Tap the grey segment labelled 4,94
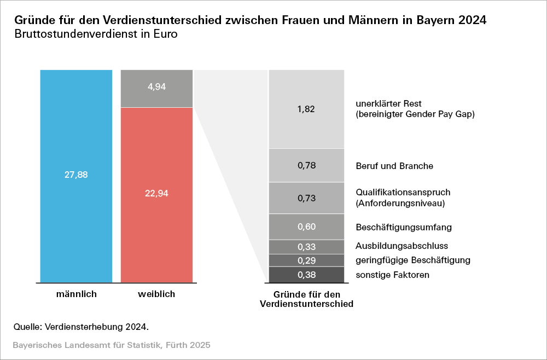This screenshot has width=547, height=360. pos(156,88)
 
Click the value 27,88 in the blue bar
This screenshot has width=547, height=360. pos(76,175)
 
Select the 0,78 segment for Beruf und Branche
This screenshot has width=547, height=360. pos(306,165)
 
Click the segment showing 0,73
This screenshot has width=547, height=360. pos(306,198)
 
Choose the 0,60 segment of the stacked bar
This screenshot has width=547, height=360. pos(306,227)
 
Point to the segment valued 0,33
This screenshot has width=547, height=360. pos(306,247)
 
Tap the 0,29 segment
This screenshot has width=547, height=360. pos(306,260)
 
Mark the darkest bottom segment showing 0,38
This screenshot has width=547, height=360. pos(306,275)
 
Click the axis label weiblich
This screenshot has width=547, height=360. pos(156,294)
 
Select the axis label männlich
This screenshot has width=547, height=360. pos(76,294)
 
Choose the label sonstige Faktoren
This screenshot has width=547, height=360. pos(392,275)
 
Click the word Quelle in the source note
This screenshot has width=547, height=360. pos(27,327)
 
